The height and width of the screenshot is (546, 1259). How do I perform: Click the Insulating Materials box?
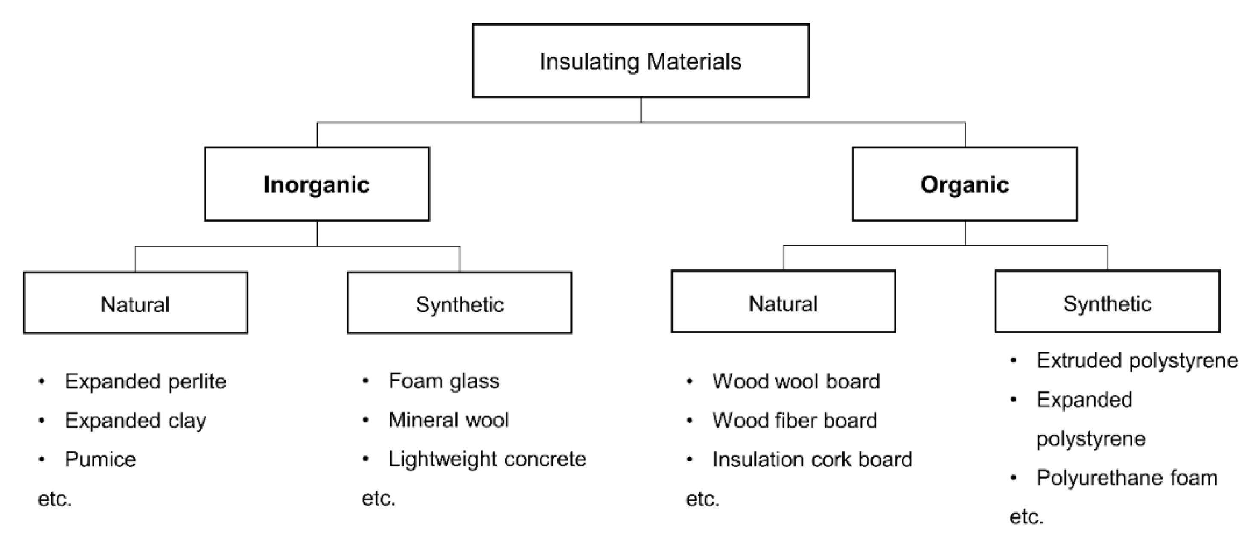tap(640, 61)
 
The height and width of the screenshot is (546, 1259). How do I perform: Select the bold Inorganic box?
tap(317, 184)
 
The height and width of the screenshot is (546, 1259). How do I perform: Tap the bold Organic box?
tap(964, 184)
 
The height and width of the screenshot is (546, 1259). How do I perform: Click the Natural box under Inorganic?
tap(135, 304)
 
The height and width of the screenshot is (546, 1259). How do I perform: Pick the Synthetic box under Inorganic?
tap(459, 304)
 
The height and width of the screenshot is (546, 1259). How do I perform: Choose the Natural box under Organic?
tap(783, 303)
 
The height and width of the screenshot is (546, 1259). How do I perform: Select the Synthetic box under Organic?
tap(1107, 303)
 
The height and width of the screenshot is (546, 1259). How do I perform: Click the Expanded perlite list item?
tap(145, 381)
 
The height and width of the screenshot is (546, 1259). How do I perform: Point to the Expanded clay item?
tap(135, 420)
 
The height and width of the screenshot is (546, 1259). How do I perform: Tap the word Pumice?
tap(100, 459)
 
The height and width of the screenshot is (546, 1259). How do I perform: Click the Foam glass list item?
tap(444, 381)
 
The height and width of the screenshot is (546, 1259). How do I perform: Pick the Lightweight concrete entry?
tap(487, 459)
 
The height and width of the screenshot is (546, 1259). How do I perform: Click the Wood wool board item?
tap(796, 381)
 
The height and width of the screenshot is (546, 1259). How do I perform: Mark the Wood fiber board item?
tap(794, 420)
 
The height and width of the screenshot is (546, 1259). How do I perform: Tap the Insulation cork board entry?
tap(812, 459)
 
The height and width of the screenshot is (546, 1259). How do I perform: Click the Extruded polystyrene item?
tap(1137, 361)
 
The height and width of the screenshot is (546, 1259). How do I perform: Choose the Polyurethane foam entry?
tap(1127, 478)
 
